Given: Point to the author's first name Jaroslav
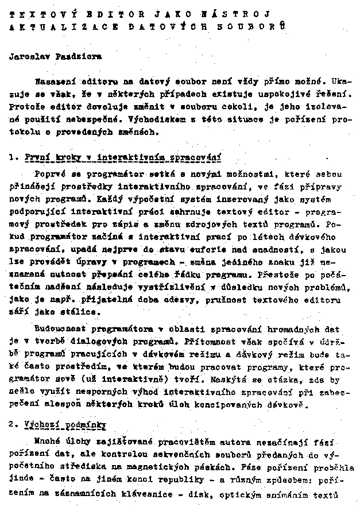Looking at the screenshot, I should (x=30, y=57).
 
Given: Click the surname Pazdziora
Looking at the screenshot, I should (x=81, y=57).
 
